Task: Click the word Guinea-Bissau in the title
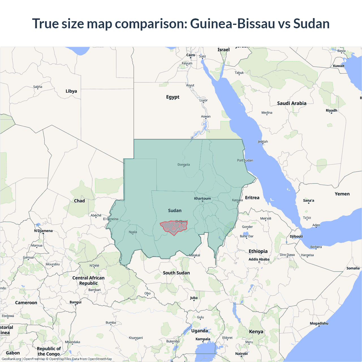pos(232,23)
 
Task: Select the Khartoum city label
pos(202,199)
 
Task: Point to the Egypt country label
pos(173,97)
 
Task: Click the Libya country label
pos(71,91)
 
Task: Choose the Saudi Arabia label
pos(292,103)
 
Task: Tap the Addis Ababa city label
pos(259,259)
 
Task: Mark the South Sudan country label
pos(176,273)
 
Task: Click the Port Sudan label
pos(245,160)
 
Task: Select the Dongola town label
pos(184,165)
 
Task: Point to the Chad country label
pos(79,201)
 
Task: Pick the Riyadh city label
pos(331,111)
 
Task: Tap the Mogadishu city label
pos(319,324)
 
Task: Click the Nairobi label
pos(241,354)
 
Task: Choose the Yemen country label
pos(342,194)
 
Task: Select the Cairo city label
pos(191,55)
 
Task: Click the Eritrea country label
pos(252,198)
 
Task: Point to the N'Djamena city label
pos(43,231)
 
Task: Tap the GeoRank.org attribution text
pos(11,359)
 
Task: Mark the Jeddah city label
pos(263,142)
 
